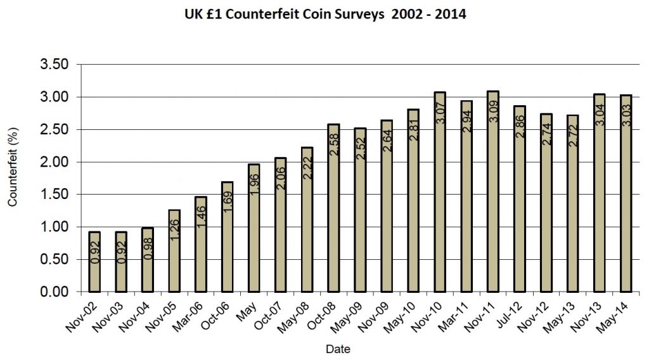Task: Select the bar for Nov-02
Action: pyautogui.click(x=94, y=262)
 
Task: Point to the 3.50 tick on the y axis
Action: pyautogui.click(x=53, y=65)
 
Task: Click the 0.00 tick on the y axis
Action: pyautogui.click(x=53, y=292)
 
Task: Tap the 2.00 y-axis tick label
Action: pyautogui.click(x=53, y=162)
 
